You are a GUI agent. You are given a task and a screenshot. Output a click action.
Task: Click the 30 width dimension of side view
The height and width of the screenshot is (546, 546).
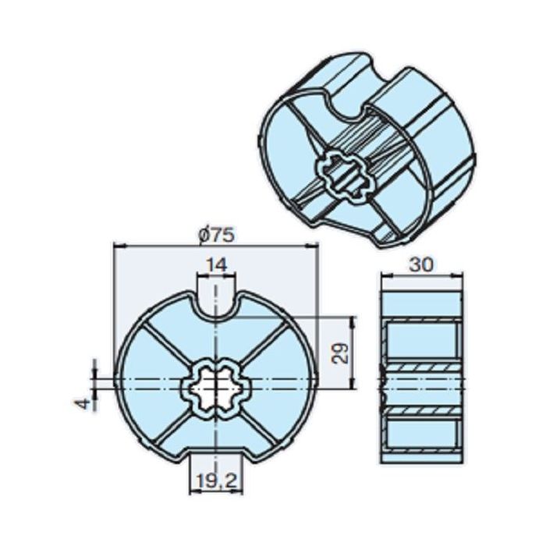420,265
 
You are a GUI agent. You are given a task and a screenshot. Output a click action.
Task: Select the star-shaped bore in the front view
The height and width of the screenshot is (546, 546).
216,385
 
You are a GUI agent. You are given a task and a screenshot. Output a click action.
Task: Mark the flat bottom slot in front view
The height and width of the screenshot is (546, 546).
216,460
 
